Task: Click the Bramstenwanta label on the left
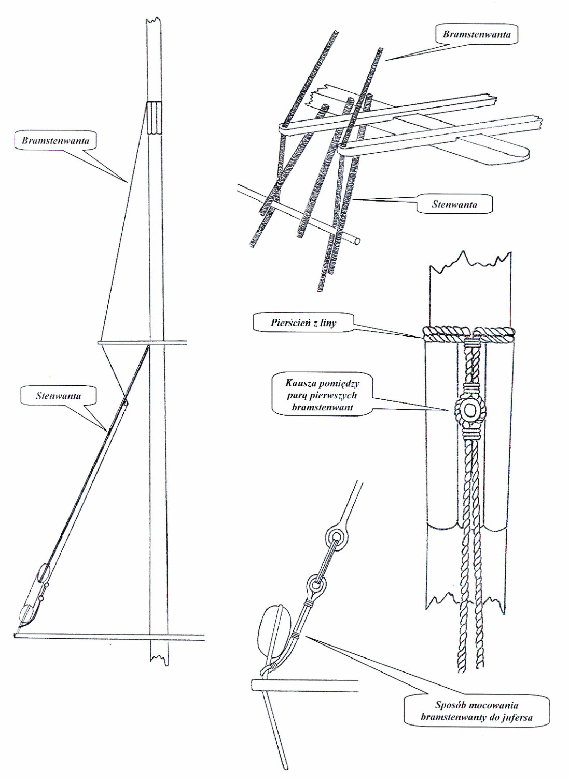point(55,141)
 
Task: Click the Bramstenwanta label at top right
point(477,35)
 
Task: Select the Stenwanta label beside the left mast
point(58,396)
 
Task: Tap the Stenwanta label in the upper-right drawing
point(454,204)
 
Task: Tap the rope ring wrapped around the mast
point(470,333)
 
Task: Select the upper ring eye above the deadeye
point(336,536)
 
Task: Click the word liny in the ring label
point(327,323)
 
